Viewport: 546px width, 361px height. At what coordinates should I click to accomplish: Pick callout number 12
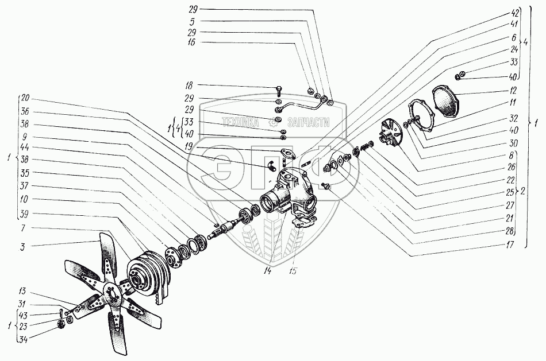513,91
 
